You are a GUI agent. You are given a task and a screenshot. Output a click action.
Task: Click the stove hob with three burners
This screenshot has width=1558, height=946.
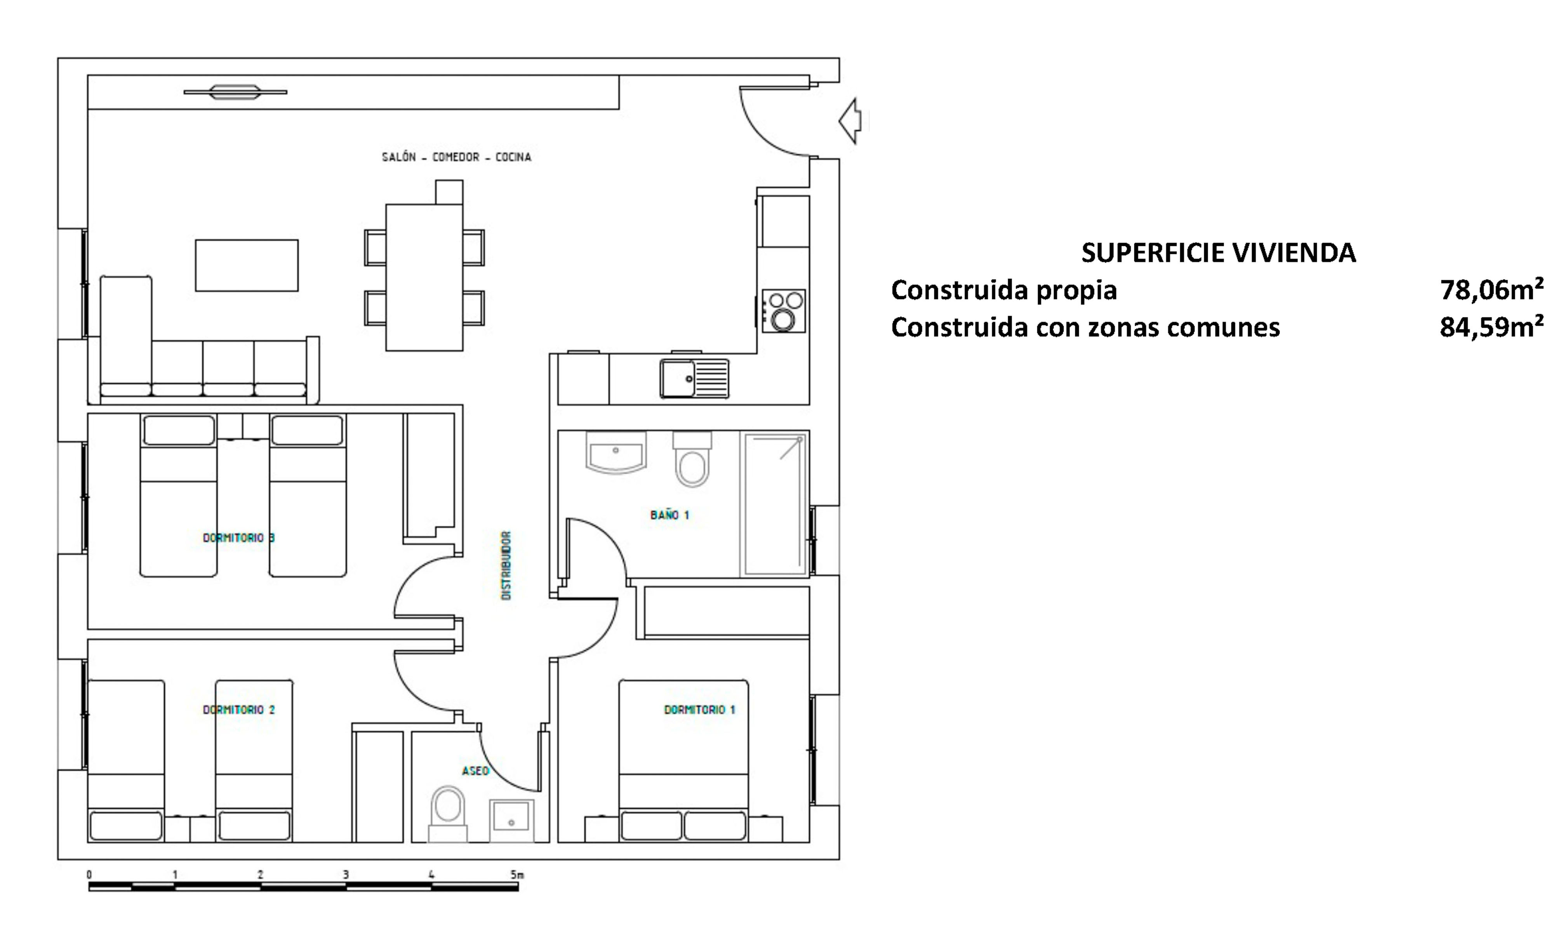click(783, 311)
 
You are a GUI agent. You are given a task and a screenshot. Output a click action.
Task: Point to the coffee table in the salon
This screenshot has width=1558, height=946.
click(247, 266)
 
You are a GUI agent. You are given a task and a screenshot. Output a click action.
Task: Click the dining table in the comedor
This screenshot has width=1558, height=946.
click(424, 277)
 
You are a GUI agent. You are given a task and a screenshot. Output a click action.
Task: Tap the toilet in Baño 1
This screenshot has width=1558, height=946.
click(692, 459)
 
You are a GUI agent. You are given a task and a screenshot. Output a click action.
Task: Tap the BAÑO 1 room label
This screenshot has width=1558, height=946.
click(669, 515)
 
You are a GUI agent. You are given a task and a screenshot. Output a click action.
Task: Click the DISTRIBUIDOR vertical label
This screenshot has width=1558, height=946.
click(506, 565)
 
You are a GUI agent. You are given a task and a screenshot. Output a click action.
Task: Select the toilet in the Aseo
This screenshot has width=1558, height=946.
click(448, 814)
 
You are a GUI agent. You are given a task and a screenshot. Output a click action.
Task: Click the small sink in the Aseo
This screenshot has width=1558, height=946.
click(511, 821)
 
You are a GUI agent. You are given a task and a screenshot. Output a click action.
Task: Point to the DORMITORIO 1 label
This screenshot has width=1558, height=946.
click(699, 709)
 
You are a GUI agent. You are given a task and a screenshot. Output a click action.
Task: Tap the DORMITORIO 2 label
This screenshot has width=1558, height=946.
click(239, 709)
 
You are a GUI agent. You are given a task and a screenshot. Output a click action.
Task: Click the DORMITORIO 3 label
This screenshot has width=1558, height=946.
click(239, 537)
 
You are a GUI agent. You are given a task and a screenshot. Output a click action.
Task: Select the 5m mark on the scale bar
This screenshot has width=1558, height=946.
click(517, 875)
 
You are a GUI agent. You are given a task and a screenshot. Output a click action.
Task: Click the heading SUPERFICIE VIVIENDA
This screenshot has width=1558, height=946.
click(1219, 253)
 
